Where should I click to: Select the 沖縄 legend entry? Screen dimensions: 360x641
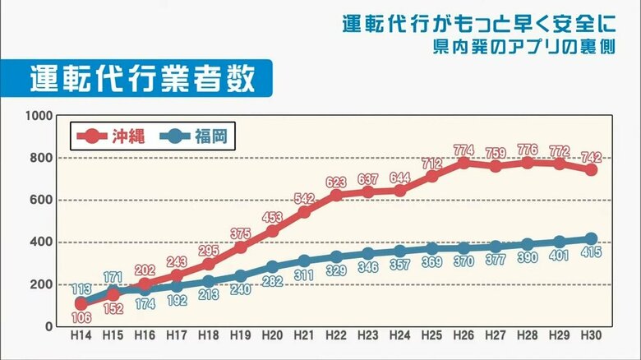click(110, 136)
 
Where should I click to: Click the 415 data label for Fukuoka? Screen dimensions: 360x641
click(591, 252)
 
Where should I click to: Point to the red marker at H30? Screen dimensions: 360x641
click(591, 170)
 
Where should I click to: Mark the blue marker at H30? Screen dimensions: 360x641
click(591, 238)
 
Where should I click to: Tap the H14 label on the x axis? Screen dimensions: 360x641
click(81, 336)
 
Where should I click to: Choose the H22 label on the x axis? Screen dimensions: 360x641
click(336, 336)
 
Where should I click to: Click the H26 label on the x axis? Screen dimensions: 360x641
click(463, 336)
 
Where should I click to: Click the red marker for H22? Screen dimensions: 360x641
click(336, 195)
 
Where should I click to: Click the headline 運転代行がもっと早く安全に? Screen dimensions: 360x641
click(485, 23)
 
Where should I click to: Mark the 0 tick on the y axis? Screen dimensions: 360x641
click(48, 326)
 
